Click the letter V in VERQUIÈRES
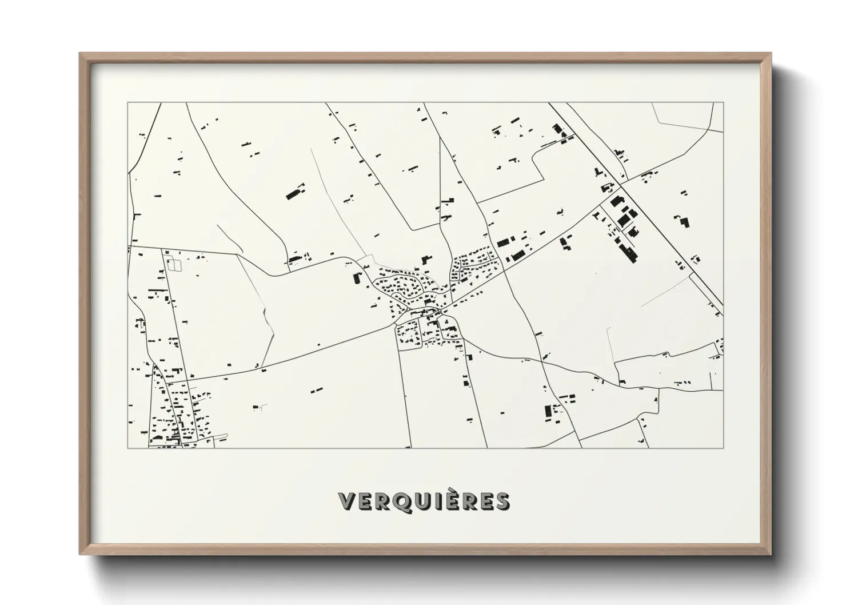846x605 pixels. pos(348,501)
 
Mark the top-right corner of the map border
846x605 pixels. pos(723,103)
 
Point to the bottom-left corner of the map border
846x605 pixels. pos(127,448)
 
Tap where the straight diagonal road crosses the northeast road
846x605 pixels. pos(621,185)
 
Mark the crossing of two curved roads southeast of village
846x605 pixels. pos(542,361)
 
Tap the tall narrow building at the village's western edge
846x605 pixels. pos(358,279)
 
